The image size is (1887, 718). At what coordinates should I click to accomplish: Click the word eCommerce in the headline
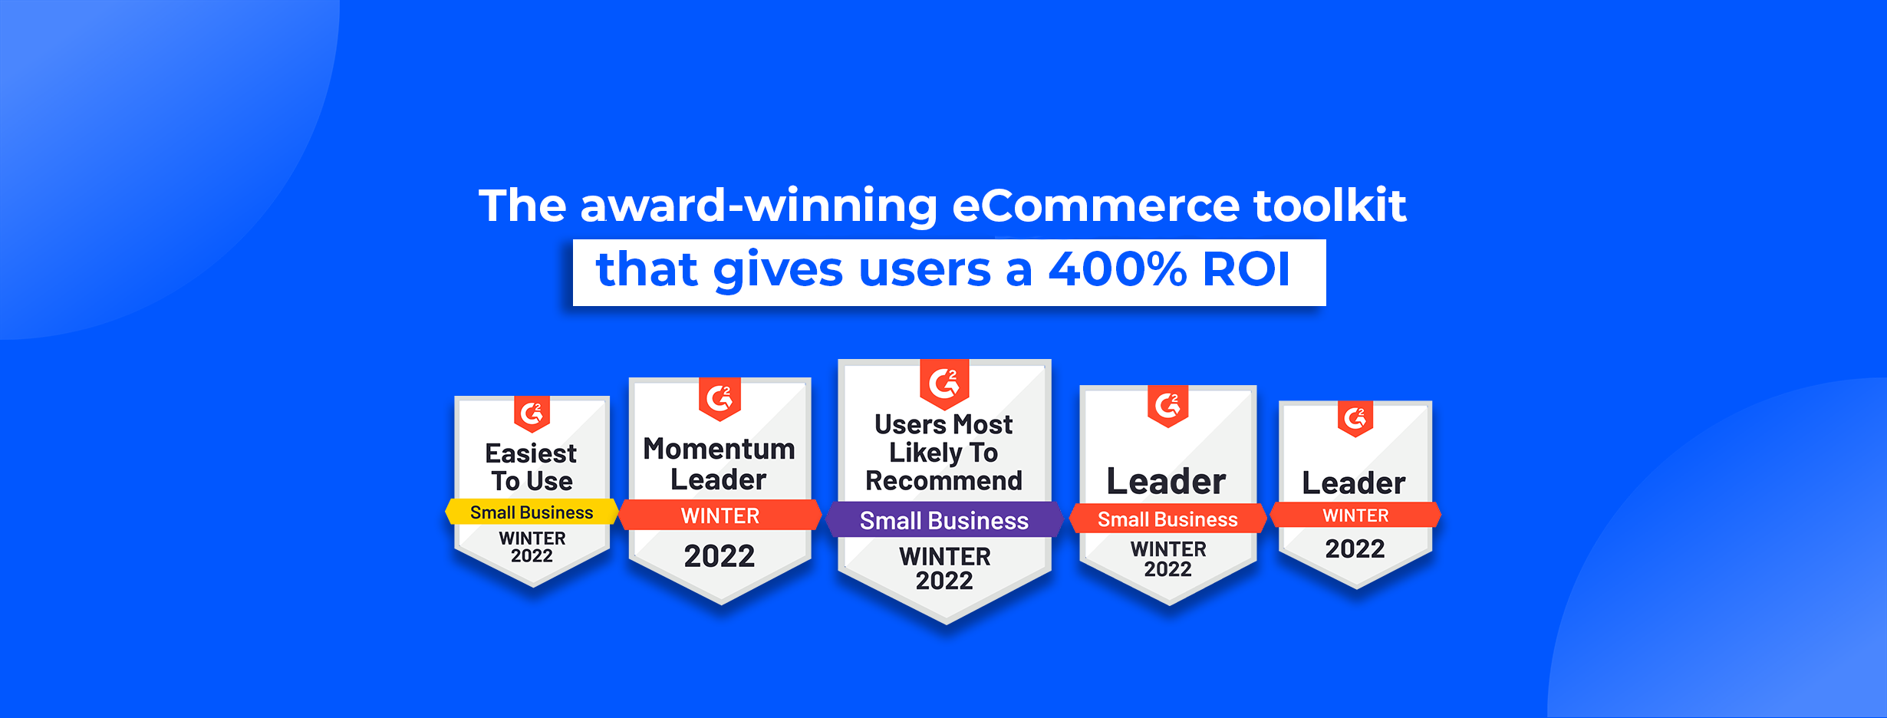tap(1095, 206)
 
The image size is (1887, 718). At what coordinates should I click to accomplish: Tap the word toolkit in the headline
tap(1330, 205)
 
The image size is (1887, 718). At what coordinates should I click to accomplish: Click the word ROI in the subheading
tap(1246, 269)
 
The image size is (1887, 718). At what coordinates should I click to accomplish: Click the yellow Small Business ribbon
tap(532, 512)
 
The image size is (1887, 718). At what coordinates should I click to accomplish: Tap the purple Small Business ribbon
tap(944, 520)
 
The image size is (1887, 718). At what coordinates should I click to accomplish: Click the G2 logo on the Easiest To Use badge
tap(532, 414)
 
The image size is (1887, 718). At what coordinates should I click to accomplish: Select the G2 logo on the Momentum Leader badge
tap(720, 398)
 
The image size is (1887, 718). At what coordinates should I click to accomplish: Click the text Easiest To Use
tap(532, 467)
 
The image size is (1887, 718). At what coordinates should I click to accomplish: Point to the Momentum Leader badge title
tap(720, 463)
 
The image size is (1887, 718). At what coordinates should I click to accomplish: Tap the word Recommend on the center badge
tap(944, 481)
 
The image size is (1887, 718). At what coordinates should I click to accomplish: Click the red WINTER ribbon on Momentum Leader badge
tap(720, 515)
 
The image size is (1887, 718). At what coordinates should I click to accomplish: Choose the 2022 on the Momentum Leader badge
tap(720, 556)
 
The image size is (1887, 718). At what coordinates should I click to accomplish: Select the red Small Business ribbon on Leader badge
tap(1167, 519)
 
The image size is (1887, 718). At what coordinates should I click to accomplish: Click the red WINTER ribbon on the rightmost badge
tap(1355, 515)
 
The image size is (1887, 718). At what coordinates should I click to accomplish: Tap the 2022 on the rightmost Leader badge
tap(1355, 548)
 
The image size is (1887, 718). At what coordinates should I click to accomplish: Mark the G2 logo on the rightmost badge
tap(1355, 419)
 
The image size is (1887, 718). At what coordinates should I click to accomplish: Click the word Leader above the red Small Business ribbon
tap(1167, 482)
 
